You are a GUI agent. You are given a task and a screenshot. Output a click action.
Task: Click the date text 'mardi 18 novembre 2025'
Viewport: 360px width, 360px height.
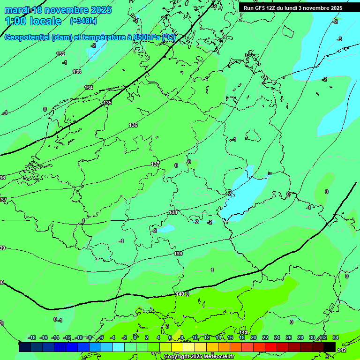tap(58, 10)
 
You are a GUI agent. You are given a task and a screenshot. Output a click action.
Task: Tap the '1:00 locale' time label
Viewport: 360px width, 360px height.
tap(33, 21)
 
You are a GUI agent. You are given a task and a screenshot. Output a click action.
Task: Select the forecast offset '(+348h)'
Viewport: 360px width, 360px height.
tap(83, 21)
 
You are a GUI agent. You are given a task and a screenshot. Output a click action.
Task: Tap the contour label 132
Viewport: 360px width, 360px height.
tap(60, 54)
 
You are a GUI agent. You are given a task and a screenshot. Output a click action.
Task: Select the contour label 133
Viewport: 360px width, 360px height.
tap(77, 72)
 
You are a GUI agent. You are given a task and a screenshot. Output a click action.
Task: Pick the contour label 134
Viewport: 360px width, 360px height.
tap(89, 88)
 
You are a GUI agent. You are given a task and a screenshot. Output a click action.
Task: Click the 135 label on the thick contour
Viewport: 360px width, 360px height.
tap(107, 103)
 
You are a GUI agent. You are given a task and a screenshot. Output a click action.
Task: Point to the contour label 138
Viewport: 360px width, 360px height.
tap(173, 212)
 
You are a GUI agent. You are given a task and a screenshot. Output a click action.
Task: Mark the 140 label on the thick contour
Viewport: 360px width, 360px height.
tap(180, 294)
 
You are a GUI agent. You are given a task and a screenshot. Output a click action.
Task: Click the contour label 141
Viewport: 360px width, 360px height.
tap(243, 332)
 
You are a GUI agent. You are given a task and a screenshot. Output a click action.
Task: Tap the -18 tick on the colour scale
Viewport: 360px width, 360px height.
tap(32, 337)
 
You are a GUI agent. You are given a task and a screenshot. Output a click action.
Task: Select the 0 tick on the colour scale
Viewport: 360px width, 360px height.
tap(135, 337)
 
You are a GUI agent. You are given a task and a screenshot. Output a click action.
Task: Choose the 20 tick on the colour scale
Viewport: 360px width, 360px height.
tap(253, 337)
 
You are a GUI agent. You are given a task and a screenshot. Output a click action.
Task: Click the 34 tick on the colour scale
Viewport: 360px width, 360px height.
tap(336, 337)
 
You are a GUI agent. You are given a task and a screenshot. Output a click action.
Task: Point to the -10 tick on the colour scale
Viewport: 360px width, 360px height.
tap(79, 337)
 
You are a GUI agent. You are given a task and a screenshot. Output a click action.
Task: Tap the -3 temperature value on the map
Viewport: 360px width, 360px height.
tap(339, 39)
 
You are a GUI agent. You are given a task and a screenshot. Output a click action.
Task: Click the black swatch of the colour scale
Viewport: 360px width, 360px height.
tap(330, 347)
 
